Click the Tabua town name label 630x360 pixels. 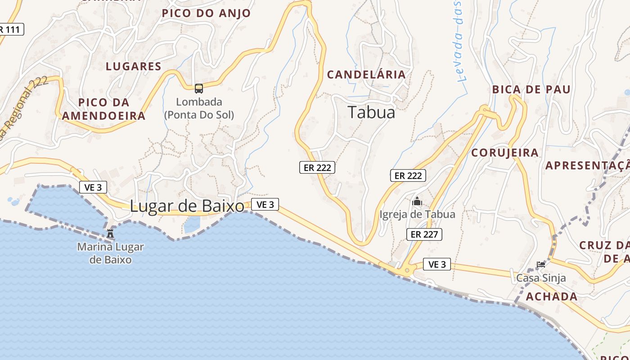[x=371, y=112]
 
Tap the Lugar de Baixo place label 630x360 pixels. [x=187, y=206]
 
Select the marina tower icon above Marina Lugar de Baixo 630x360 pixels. [x=110, y=233]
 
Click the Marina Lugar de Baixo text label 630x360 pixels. [x=110, y=253]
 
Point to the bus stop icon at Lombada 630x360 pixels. [x=199, y=89]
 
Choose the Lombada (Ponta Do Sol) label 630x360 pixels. [x=199, y=108]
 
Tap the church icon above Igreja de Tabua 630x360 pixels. [x=417, y=201]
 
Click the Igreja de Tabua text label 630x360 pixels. [x=417, y=214]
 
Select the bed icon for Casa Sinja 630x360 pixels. [x=541, y=265]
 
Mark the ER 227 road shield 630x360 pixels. [x=424, y=234]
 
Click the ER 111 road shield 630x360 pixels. [x=10, y=30]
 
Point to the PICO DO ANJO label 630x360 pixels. [x=206, y=13]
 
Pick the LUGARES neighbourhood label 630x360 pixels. [x=133, y=67]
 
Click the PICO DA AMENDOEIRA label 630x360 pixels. [x=103, y=109]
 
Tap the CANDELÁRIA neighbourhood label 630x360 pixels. [x=366, y=75]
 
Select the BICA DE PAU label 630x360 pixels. [x=531, y=89]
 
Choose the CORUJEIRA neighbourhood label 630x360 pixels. [x=505, y=153]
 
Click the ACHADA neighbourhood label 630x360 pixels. [x=552, y=297]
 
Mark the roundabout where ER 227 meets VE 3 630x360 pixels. [x=408, y=270]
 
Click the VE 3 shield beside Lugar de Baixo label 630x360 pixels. [x=265, y=204]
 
